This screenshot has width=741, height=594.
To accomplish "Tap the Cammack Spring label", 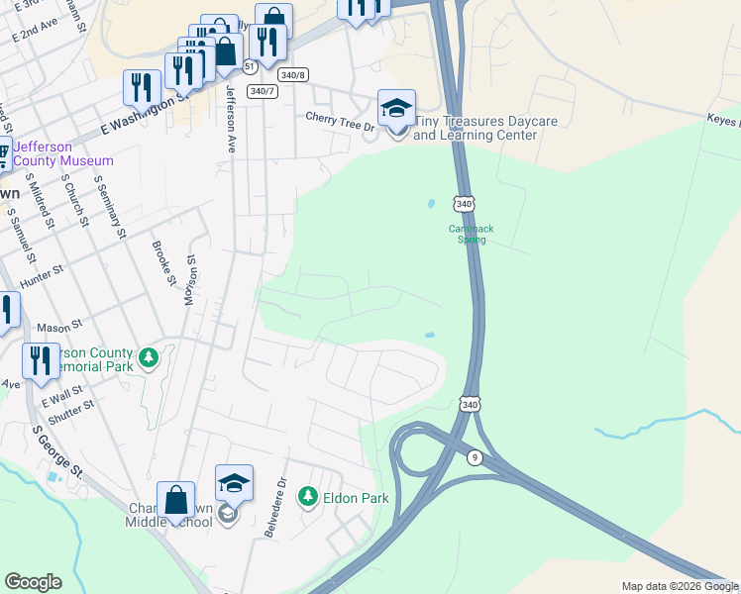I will point(471,234).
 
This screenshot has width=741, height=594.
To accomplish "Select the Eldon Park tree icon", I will point(308,495).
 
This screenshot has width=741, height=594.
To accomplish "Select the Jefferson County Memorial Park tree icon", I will point(149,356).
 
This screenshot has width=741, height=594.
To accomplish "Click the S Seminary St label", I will point(110,208).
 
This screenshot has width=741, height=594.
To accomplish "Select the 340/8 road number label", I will point(293,75).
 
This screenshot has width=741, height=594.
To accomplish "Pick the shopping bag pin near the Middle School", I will point(175,501).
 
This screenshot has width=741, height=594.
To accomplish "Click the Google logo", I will point(33,582).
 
